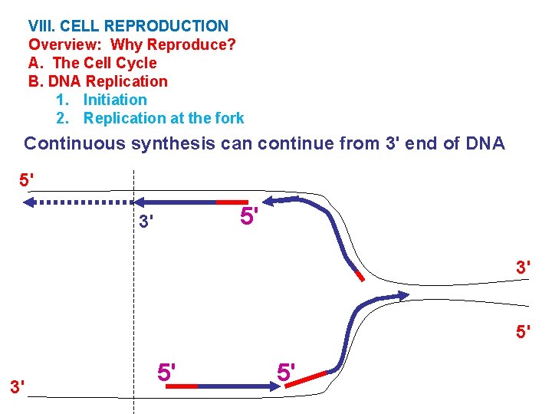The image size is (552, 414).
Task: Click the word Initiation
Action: (115, 100)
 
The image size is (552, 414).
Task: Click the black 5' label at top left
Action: (26, 181)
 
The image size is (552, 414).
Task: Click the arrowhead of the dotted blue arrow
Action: (28, 203)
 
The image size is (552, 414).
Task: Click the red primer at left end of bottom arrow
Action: (181, 386)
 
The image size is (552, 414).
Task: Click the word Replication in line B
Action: (127, 81)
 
